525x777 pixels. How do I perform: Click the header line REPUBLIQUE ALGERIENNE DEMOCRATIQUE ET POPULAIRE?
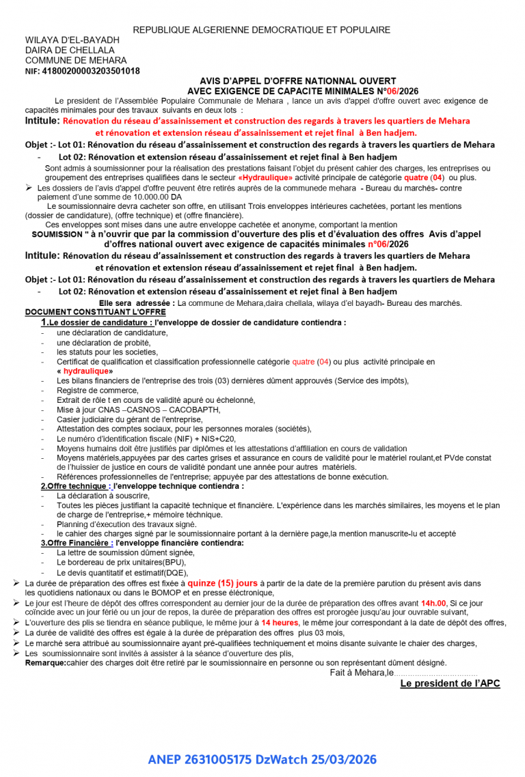click(262, 30)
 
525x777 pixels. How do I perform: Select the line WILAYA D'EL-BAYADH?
click(72, 40)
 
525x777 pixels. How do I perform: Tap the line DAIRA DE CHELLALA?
click(70, 50)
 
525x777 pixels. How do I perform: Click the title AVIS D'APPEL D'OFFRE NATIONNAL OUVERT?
click(303, 81)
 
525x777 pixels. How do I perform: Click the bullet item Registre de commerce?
click(88, 390)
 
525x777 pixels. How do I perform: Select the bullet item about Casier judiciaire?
click(129, 419)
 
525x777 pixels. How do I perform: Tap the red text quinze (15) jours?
click(223, 583)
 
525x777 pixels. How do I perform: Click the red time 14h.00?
click(433, 604)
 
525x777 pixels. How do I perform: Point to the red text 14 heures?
click(280, 623)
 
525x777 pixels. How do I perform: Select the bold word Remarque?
click(45, 662)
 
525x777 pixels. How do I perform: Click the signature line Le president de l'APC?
click(450, 683)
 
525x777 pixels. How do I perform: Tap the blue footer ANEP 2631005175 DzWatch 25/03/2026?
click(262, 759)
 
